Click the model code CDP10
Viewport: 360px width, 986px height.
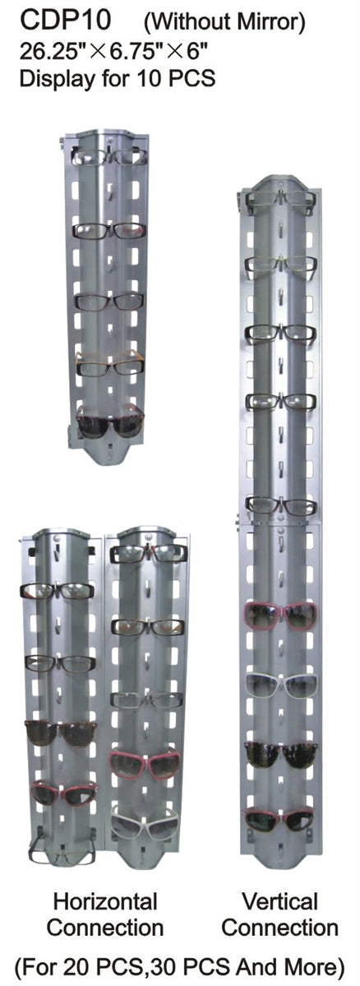pyautogui.click(x=65, y=21)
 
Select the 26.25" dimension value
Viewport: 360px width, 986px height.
pyautogui.click(x=53, y=53)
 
